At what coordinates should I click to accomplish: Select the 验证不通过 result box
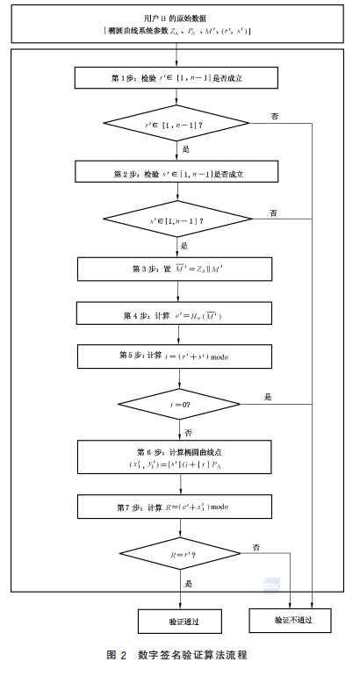coord(291,619)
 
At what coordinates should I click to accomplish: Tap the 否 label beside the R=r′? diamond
coord(256,547)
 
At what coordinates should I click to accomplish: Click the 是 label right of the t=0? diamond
coord(268,398)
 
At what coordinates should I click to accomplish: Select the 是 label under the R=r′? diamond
coord(189,581)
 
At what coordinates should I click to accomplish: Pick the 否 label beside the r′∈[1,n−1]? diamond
coord(276,116)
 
